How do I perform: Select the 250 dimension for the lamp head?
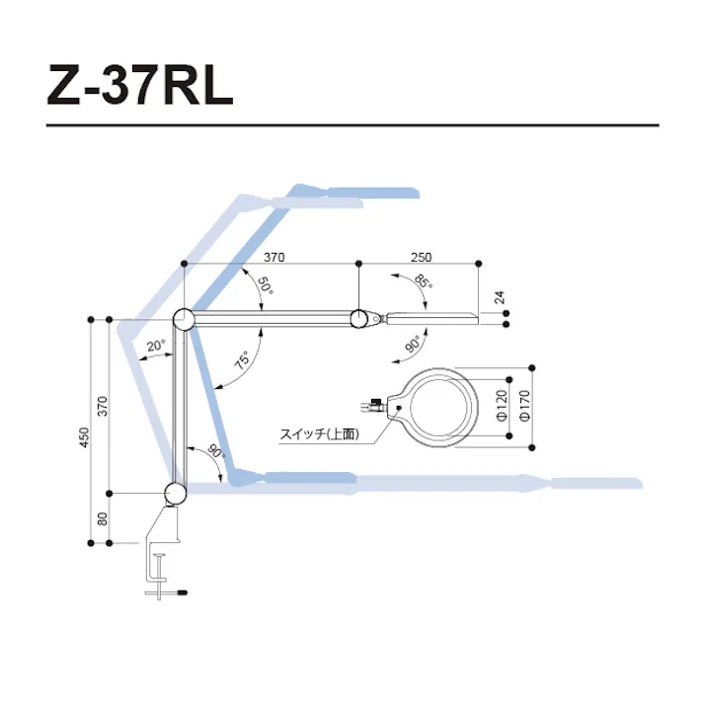[x=419, y=256]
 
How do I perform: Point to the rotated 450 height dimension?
[x=84, y=435]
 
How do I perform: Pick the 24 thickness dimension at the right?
[x=499, y=295]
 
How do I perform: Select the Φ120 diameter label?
[x=502, y=406]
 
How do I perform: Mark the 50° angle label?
[x=265, y=288]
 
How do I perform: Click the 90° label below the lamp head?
[x=413, y=344]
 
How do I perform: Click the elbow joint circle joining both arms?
[x=184, y=319]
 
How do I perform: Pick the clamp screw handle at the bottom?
[x=168, y=592]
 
